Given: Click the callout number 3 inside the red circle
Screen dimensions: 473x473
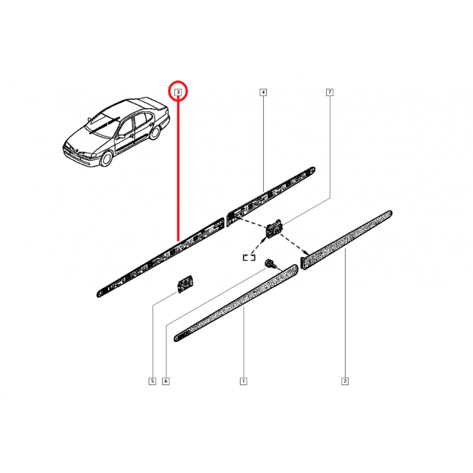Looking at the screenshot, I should pyautogui.click(x=177, y=92).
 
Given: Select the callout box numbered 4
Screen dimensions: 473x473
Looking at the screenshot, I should pyautogui.click(x=263, y=92).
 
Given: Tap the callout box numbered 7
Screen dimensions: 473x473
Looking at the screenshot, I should pyautogui.click(x=329, y=92).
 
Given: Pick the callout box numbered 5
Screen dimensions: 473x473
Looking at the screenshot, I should pyautogui.click(x=152, y=381).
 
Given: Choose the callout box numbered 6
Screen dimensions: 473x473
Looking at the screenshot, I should pyautogui.click(x=166, y=381).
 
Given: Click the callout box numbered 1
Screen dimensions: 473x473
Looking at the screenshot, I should pyautogui.click(x=243, y=381).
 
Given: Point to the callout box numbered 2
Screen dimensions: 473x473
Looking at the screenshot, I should pyautogui.click(x=344, y=381).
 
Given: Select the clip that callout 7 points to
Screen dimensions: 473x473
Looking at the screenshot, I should pyautogui.click(x=275, y=228).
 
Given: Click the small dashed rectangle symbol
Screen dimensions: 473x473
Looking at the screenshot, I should pyautogui.click(x=248, y=257).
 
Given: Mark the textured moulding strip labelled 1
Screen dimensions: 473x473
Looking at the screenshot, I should pyautogui.click(x=237, y=303).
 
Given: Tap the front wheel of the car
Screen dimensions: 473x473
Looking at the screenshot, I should pyautogui.click(x=108, y=158).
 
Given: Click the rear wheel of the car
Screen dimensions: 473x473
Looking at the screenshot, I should pyautogui.click(x=155, y=132).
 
